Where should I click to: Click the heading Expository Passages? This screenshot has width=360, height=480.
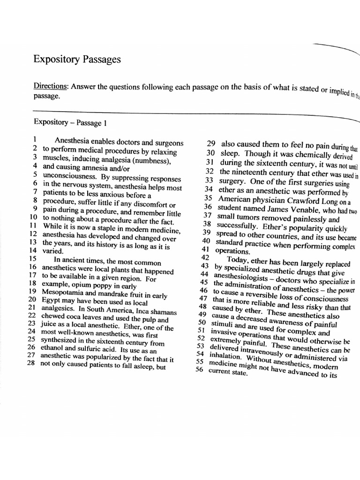pos(77,60)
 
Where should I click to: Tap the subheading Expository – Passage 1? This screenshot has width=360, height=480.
pos(70,123)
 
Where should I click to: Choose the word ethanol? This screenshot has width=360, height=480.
pos(54,347)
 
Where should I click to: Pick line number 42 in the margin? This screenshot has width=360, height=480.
pos(205,257)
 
